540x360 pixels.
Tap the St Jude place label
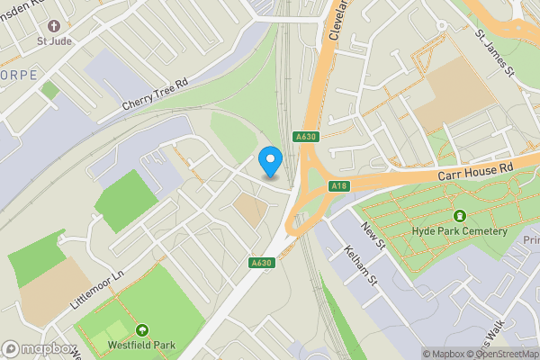pyautogui.click(x=53, y=40)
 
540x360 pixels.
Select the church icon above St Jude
pyautogui.click(x=53, y=26)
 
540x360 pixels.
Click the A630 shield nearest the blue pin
pyautogui.click(x=306, y=137)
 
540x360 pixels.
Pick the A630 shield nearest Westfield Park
pyautogui.click(x=261, y=263)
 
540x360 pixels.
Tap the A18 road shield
pyautogui.click(x=339, y=186)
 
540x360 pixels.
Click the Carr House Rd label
pyautogui.click(x=475, y=168)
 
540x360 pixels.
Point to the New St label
pyautogui.click(x=373, y=238)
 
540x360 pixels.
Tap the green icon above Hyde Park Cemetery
pyautogui.click(x=461, y=216)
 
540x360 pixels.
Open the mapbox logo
pyautogui.click(x=38, y=348)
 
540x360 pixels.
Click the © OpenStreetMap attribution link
pyautogui.click(x=504, y=354)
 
